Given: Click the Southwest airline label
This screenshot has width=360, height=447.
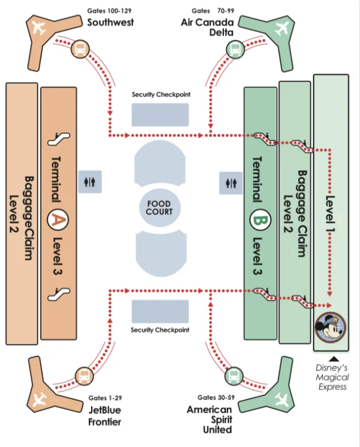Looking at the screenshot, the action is tap(110, 22).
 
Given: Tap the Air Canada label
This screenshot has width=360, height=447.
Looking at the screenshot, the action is tap(207, 22).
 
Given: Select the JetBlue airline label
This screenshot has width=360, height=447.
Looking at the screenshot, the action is tap(104, 410).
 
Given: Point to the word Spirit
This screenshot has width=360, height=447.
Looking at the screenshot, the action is tap(221, 419).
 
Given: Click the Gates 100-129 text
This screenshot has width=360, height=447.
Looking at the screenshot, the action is tap(109, 11).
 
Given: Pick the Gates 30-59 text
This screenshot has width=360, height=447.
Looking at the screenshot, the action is tap(216, 397).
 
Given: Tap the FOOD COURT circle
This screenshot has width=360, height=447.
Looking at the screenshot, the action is tap(160, 208).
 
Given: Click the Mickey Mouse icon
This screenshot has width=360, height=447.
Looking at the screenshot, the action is tap(331, 327).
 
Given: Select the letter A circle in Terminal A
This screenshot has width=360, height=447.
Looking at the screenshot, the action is tap(58, 219).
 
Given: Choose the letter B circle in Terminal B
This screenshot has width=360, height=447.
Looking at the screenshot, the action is tap(260, 220).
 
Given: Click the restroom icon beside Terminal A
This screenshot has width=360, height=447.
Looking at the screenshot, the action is tap(90, 182).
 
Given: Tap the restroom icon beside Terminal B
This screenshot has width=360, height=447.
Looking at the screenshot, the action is tap(231, 183).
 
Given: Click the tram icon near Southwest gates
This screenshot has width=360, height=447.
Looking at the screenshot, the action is tap(80, 49).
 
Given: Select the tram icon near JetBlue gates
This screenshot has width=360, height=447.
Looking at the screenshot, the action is tap(84, 376).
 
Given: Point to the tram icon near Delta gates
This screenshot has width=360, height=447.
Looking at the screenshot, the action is tap(235, 49).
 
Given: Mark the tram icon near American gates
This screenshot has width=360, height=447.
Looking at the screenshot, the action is tap(234, 376).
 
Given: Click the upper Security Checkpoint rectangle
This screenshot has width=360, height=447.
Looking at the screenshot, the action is tap(160, 115).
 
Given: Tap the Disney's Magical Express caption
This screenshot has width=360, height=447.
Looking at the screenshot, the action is tap(332, 377).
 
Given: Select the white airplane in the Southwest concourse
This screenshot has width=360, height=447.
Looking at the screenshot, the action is tap(39, 28).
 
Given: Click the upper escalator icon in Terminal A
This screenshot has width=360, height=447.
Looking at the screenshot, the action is tap(58, 139).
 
